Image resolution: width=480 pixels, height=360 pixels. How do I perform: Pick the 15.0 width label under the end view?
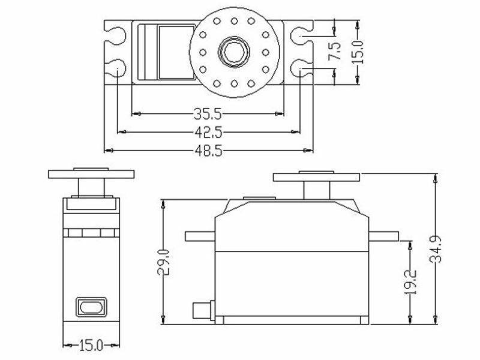(x=92, y=345)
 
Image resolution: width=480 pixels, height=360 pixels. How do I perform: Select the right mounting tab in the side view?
(x=385, y=235)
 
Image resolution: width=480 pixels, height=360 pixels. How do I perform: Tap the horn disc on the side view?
(x=316, y=177)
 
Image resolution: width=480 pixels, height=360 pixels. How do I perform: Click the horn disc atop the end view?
(x=91, y=174)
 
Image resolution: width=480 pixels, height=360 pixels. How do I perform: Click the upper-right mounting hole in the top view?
(x=299, y=37)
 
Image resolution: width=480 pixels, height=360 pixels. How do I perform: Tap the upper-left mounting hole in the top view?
(x=117, y=37)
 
